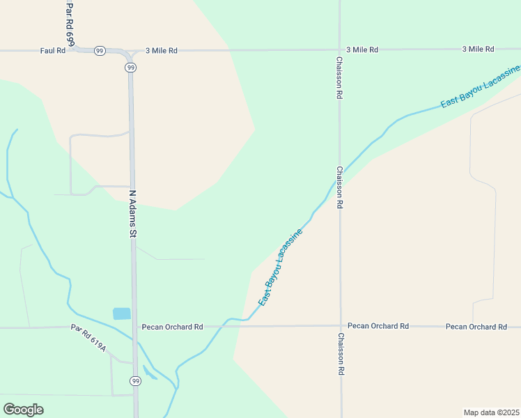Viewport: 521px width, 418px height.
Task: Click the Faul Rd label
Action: (x=52, y=51)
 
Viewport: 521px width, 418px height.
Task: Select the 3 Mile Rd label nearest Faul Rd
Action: (x=162, y=51)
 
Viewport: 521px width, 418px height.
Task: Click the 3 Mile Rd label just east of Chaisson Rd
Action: (x=362, y=50)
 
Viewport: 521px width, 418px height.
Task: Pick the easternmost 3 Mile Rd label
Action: (x=478, y=49)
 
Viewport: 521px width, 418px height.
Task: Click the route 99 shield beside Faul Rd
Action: (x=100, y=51)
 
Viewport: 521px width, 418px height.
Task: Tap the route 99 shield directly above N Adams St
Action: (x=131, y=68)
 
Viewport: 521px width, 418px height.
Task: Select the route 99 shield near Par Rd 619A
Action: (x=135, y=380)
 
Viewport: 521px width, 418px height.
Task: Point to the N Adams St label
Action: (x=132, y=213)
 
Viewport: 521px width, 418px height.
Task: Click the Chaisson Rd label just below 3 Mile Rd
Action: (x=339, y=77)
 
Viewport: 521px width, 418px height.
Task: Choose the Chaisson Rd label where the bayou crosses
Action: (x=339, y=187)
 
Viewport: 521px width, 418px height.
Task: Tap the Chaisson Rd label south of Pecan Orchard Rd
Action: (x=341, y=355)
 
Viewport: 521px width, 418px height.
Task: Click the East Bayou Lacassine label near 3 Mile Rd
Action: (x=481, y=88)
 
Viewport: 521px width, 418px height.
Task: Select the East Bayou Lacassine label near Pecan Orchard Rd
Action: (x=281, y=268)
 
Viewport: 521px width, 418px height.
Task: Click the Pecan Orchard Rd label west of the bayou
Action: (x=172, y=326)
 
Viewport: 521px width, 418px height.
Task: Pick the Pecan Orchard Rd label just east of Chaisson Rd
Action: (x=378, y=326)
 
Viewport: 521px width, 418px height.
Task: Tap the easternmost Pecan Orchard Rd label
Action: (x=476, y=327)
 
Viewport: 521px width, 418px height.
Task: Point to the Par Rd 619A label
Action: (x=88, y=338)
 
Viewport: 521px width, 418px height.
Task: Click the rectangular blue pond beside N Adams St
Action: (x=121, y=313)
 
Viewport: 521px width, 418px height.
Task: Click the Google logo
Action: (x=23, y=410)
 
